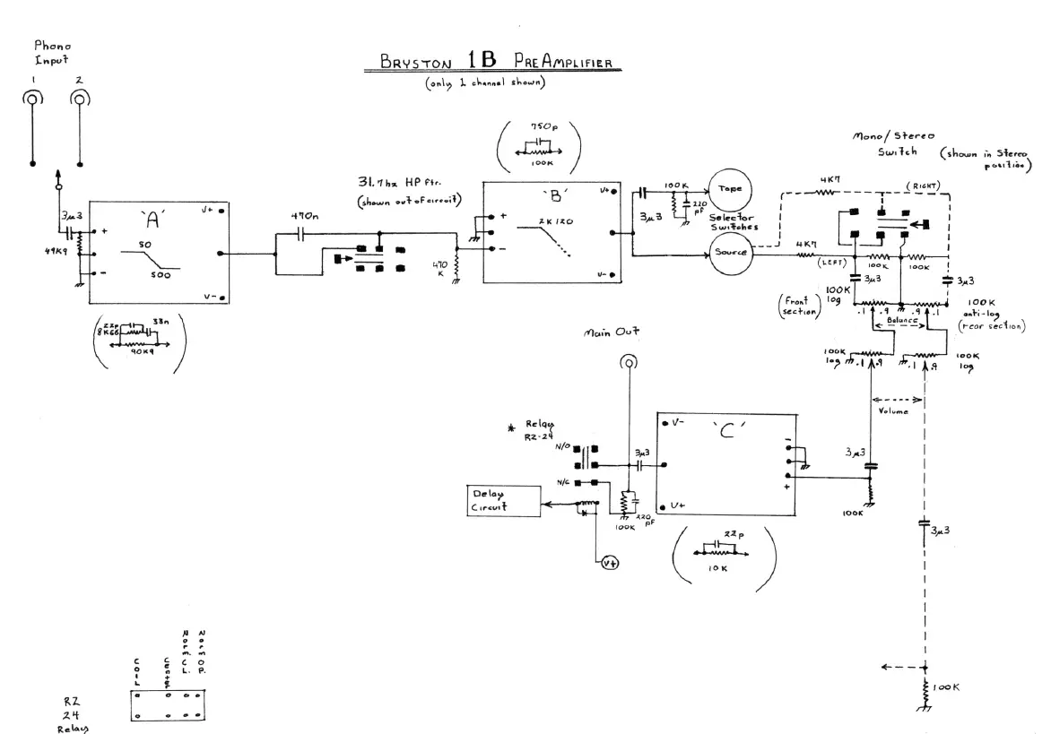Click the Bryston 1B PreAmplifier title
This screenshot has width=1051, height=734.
(x=489, y=63)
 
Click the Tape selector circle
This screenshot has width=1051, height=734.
(x=729, y=190)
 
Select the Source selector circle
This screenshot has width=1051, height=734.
(x=729, y=254)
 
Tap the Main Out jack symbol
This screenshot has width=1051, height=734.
(x=630, y=362)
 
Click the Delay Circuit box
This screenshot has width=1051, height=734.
(x=503, y=502)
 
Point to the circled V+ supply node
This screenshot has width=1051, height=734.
(x=611, y=562)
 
